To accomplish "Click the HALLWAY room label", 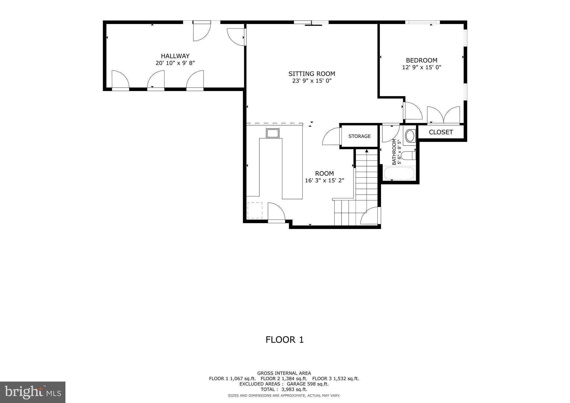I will click(175, 56).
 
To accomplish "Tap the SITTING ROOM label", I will click(311, 74).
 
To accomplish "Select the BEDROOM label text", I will click(421, 60).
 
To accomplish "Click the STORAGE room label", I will click(359, 136).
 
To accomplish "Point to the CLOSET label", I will click(441, 132).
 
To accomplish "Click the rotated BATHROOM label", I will click(394, 152).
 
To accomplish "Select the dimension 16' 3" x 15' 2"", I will click(325, 180).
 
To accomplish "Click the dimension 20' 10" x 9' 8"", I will click(175, 63).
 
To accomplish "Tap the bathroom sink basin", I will click(410, 136).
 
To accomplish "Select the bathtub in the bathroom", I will click(399, 173).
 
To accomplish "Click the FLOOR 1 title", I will click(284, 340).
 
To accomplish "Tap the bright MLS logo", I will click(33, 392).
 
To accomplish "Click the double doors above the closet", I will click(443, 115).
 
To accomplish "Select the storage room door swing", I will click(331, 136).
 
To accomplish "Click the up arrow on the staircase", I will click(367, 151).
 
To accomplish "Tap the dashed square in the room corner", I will click(255, 210).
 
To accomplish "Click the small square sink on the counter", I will click(272, 133).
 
